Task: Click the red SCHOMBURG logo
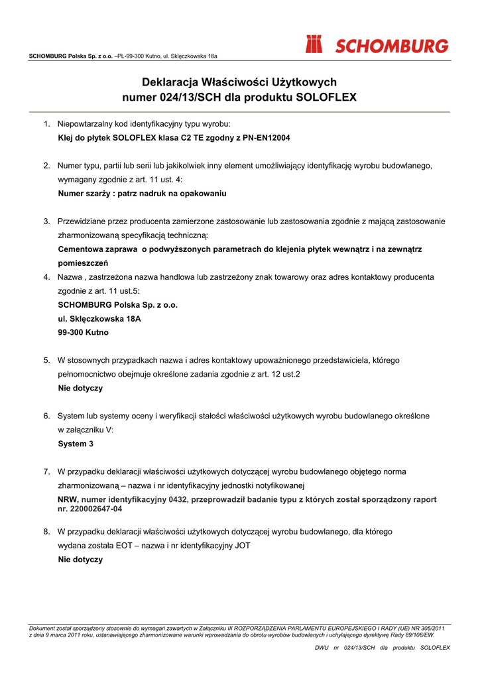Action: coord(377,45)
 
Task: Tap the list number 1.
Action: coord(47,124)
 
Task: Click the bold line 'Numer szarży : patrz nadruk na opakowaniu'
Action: coord(143,194)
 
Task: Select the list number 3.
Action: coord(47,221)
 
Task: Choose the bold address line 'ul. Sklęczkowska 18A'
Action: coord(99,318)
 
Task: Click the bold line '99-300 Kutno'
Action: coord(84,332)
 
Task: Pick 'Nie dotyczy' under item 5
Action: coord(80,388)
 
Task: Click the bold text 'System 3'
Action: coord(76,444)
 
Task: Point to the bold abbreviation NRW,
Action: coord(68,499)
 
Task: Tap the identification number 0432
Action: coord(176,499)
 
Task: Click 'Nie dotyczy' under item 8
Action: coord(80,560)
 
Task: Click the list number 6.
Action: coord(47,416)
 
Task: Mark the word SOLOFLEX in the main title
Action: coord(326,97)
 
